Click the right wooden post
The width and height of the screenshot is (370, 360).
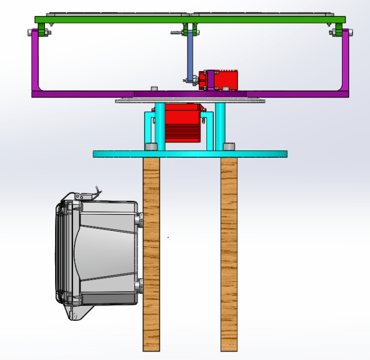coord(229,254)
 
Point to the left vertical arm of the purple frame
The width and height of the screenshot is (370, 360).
coord(36,61)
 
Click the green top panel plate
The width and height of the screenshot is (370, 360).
coord(106,20)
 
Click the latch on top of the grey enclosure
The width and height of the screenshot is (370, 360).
coord(87,195)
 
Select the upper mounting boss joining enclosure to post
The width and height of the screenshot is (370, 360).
coord(139,219)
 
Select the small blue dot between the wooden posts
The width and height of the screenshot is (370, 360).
coord(168,237)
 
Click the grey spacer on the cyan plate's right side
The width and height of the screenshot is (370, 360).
coord(229,146)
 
